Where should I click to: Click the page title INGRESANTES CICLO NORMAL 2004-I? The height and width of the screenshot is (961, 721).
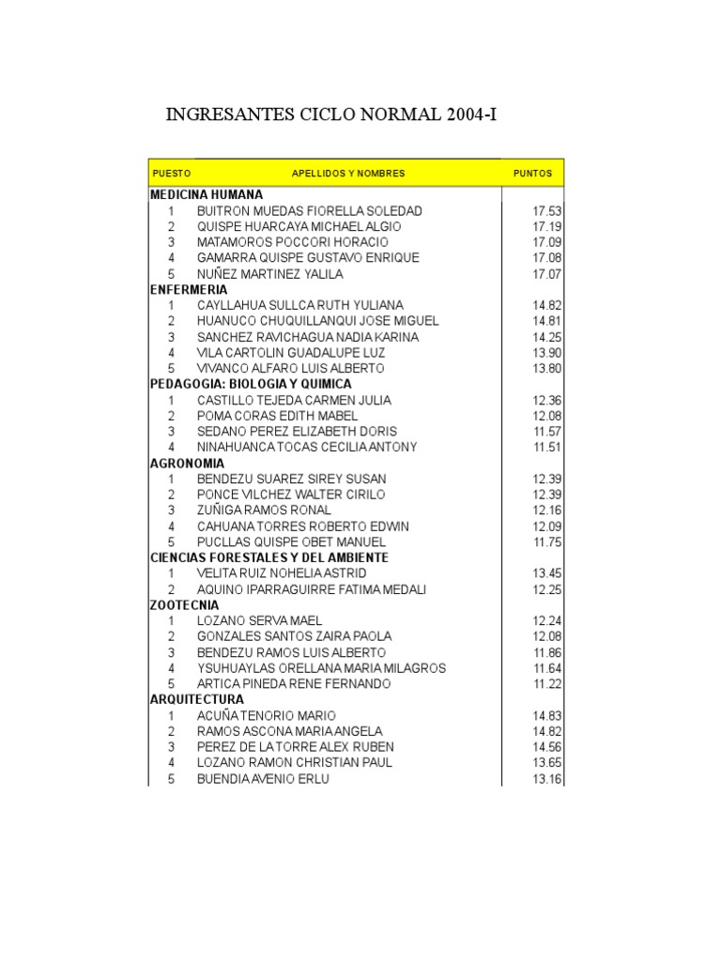pyautogui.click(x=331, y=116)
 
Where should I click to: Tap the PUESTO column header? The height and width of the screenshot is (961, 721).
pyautogui.click(x=171, y=174)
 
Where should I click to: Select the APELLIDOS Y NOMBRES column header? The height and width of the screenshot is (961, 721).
pyautogui.click(x=348, y=174)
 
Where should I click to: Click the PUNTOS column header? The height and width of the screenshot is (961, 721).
pyautogui.click(x=532, y=174)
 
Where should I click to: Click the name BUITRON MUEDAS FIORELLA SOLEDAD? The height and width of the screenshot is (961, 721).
pyautogui.click(x=310, y=211)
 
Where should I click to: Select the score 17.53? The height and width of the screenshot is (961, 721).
pyautogui.click(x=546, y=211)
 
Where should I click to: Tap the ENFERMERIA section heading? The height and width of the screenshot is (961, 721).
pyautogui.click(x=189, y=290)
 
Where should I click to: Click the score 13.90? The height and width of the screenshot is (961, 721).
pyautogui.click(x=546, y=353)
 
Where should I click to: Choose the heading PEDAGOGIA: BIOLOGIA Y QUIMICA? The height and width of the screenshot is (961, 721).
pyautogui.click(x=251, y=385)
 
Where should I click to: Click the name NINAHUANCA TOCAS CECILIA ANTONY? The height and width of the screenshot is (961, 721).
pyautogui.click(x=307, y=448)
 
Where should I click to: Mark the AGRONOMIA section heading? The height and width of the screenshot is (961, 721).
pyautogui.click(x=187, y=464)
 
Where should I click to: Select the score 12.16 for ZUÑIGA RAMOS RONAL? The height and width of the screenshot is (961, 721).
pyautogui.click(x=546, y=511)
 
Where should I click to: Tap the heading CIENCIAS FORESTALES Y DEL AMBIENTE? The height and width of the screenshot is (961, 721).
pyautogui.click(x=269, y=558)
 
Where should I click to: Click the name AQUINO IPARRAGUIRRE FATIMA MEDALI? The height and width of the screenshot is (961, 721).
pyautogui.click(x=312, y=589)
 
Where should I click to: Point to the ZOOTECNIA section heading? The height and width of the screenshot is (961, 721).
pyautogui.click(x=183, y=605)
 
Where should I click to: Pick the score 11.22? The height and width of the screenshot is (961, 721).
pyautogui.click(x=546, y=684)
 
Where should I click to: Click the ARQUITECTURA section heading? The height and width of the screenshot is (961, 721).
pyautogui.click(x=197, y=700)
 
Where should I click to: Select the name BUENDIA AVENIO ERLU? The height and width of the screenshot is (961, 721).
pyautogui.click(x=263, y=779)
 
